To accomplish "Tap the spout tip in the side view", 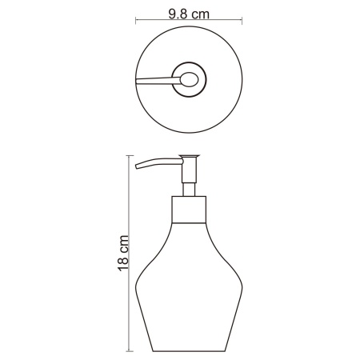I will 138,166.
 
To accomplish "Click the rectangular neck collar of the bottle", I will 190,211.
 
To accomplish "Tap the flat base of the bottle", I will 190,350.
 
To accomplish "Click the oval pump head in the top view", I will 189,78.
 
